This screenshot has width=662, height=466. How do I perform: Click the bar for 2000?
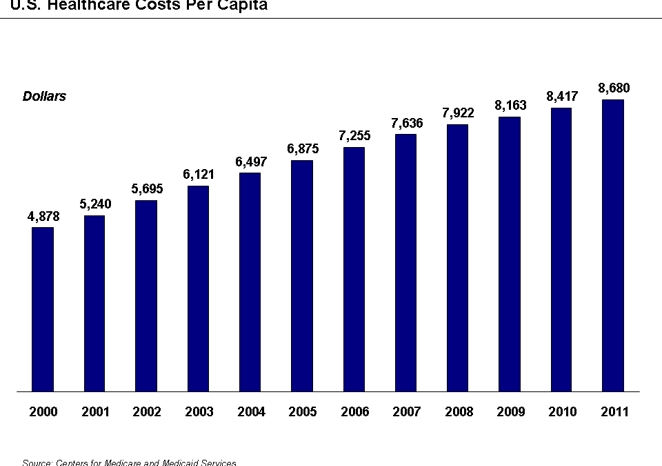point(43,309)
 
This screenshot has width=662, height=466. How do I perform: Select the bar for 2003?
point(198,289)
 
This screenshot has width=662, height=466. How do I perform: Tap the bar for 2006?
point(354,269)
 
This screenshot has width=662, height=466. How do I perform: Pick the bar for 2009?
point(510,254)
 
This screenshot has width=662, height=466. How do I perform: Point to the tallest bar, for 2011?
point(613,246)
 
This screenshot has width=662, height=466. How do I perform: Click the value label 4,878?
point(43,217)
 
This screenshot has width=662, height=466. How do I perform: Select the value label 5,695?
point(147,189)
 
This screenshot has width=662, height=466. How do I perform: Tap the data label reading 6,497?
point(250,162)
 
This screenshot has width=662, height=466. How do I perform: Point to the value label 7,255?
point(354,136)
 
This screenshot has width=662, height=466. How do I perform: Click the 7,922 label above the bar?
point(458,113)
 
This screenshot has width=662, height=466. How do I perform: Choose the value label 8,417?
point(562,97)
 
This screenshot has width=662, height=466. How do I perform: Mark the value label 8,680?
point(614,88)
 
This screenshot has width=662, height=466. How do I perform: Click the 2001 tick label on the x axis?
point(95,412)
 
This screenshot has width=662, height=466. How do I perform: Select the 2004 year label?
point(251,412)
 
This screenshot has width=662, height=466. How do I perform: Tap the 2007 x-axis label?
point(406,412)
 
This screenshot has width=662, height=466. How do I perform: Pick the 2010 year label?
point(562,412)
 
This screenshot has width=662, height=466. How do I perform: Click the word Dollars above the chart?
point(44,97)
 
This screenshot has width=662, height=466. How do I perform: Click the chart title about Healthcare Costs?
point(134,6)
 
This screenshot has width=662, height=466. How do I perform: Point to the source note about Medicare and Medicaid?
point(129,462)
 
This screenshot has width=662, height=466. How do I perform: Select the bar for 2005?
point(302,276)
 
